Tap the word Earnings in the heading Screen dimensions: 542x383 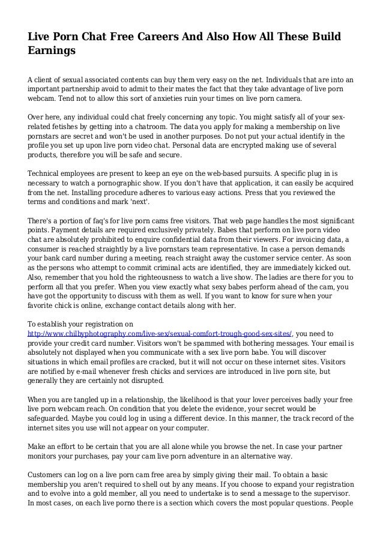(x=52, y=52)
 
